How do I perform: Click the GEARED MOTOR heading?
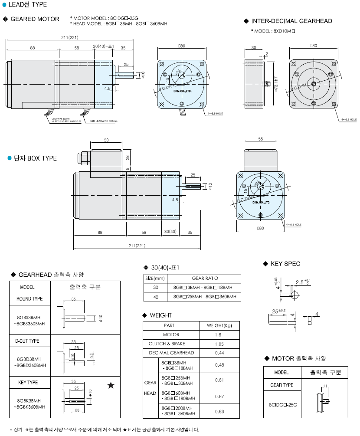35,19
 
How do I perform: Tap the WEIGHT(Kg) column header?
219,325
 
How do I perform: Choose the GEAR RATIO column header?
205,279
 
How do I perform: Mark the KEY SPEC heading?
285,263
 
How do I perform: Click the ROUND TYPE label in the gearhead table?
29,299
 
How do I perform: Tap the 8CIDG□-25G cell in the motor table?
281,404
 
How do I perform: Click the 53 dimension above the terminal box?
106,140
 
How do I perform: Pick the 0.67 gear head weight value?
219,397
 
